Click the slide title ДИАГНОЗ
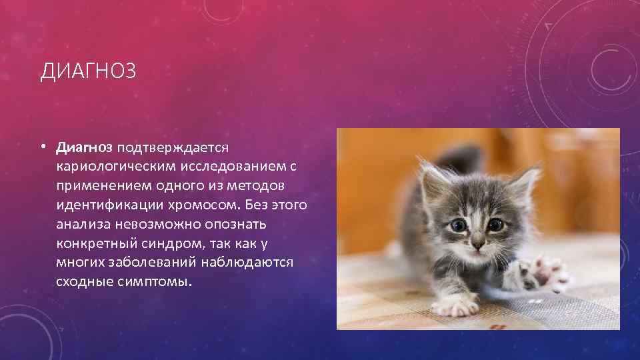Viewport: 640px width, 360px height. (x=88, y=71)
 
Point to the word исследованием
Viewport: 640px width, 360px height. (x=234, y=164)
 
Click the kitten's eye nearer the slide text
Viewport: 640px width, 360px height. (x=458, y=226)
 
